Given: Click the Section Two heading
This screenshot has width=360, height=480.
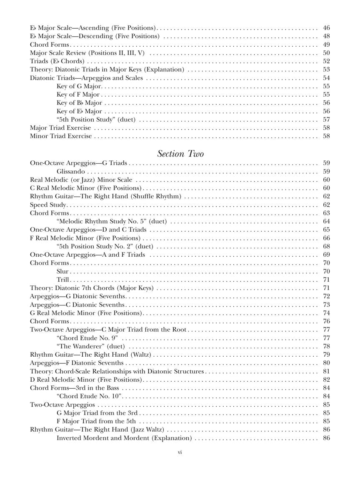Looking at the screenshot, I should pyautogui.click(x=180, y=154).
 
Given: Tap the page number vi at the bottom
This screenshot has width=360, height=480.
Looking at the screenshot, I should pyautogui.click(x=180, y=452).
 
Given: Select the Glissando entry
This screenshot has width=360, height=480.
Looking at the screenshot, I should pyautogui.click(x=71, y=171).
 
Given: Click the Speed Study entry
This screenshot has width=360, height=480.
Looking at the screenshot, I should pyautogui.click(x=48, y=205).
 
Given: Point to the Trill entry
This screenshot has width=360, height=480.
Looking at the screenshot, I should pyautogui.click(x=63, y=280).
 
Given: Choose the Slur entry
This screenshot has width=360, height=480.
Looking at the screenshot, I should pyautogui.click(x=62, y=271).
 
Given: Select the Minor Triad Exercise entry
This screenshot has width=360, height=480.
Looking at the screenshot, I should pyautogui.click(x=61, y=136).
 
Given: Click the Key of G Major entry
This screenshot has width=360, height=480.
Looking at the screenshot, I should pyautogui.click(x=79, y=86).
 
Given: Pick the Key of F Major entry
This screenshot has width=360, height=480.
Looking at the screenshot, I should pyautogui.click(x=78, y=95).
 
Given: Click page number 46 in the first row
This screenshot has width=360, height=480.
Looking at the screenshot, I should pyautogui.click(x=326, y=28).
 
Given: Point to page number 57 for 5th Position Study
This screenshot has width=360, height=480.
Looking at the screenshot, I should pyautogui.click(x=326, y=120).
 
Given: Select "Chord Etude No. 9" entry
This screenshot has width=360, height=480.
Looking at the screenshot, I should pyautogui.click(x=87, y=338).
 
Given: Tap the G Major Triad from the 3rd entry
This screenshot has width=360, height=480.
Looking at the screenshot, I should pyautogui.click(x=97, y=413).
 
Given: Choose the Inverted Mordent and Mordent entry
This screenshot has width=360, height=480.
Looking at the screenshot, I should pyautogui.click(x=124, y=438).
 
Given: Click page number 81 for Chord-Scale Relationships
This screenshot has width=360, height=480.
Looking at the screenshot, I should pyautogui.click(x=326, y=371).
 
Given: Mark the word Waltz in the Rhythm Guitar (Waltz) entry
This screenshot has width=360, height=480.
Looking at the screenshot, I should pyautogui.click(x=141, y=355).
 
